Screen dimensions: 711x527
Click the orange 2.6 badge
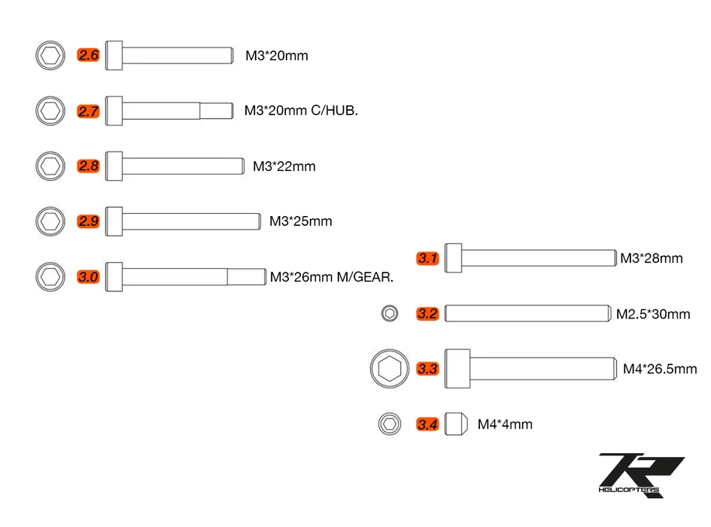pos(88,56)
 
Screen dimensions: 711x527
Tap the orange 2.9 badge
pos(88,221)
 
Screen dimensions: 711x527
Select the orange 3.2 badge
pos(427,314)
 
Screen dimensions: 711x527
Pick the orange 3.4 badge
pos(427,425)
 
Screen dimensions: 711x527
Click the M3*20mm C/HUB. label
pos(301,111)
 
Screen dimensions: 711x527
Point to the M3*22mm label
pos(284,166)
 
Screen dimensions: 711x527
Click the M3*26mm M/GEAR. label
pos(332,277)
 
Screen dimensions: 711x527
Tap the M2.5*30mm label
pos(653,314)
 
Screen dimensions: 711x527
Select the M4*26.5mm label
pos(660,369)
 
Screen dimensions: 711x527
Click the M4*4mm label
pos(505,425)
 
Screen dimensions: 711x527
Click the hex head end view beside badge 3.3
pos(390,369)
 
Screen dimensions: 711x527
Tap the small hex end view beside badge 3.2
pos(390,313)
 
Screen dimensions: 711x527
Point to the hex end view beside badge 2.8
pos(50,166)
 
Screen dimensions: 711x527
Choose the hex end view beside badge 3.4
pos(390,424)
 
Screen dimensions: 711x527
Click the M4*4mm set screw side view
pos(456,424)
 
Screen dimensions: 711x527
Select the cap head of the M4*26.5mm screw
pos(457,369)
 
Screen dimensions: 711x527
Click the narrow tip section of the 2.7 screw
pos(217,111)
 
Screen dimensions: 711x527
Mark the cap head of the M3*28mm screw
pos(453,257)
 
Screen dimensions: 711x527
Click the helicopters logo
pos(641,475)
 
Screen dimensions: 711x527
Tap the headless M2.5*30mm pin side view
pos(528,313)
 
